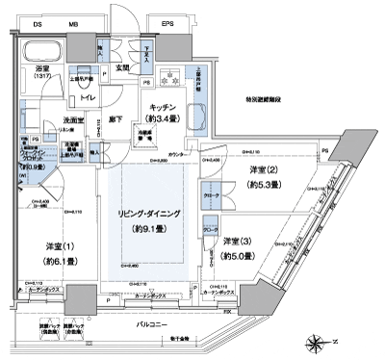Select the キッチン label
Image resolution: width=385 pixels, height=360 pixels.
click(x=159, y=109)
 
